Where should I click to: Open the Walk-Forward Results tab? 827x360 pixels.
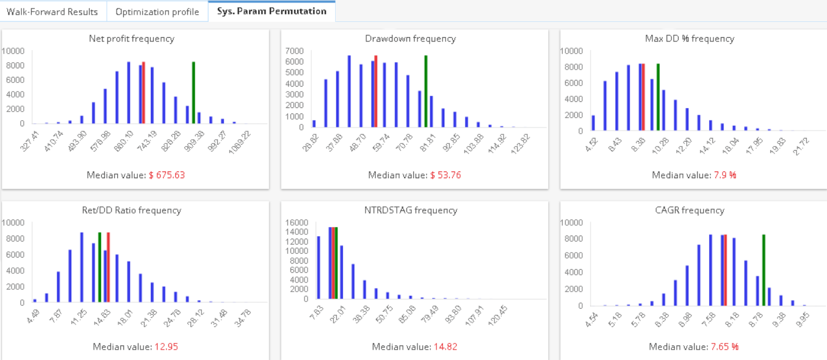click(52, 12)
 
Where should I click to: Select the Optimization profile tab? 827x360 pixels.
click(157, 12)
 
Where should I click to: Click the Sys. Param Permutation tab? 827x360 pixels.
click(272, 11)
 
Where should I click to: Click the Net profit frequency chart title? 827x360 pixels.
click(131, 38)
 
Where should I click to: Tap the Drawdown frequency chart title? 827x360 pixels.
click(410, 38)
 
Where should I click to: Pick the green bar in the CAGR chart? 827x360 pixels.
click(764, 270)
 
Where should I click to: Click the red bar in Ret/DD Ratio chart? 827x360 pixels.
click(108, 267)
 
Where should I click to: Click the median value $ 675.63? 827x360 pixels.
click(167, 175)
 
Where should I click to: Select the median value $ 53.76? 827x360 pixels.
click(446, 175)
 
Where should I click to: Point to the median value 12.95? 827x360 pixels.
click(166, 347)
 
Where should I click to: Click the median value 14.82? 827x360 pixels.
click(445, 347)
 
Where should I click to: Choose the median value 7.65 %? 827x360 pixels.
click(724, 347)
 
